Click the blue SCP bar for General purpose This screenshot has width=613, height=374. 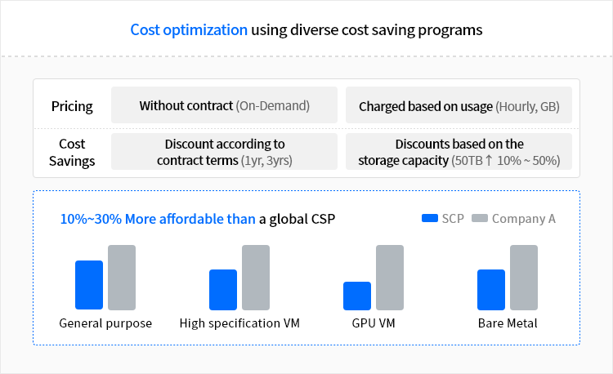click(x=89, y=285)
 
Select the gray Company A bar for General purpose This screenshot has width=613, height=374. click(x=122, y=278)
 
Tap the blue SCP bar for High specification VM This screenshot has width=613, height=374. click(x=223, y=290)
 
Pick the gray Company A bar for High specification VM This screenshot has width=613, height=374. click(x=256, y=278)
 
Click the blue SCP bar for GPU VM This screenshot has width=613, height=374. click(x=357, y=296)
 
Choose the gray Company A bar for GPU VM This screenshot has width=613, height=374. click(x=390, y=278)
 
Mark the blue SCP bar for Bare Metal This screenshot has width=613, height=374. click(x=491, y=290)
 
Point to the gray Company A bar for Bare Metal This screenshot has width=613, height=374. click(x=524, y=278)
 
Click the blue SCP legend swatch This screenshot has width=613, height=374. click(x=430, y=218)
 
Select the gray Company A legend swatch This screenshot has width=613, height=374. click(x=480, y=218)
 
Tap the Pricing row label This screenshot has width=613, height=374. click(x=72, y=106)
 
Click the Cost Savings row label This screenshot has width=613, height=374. click(x=72, y=152)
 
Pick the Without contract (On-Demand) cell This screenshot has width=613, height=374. click(x=224, y=105)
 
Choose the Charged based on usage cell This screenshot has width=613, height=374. click(x=459, y=106)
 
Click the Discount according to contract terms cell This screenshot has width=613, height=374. click(x=224, y=152)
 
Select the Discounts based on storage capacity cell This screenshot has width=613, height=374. click(x=459, y=152)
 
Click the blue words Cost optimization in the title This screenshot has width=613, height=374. click(x=189, y=30)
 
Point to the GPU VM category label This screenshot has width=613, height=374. click(x=373, y=323)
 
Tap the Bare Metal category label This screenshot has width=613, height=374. click(x=508, y=323)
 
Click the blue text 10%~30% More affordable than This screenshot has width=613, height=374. click(x=158, y=219)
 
